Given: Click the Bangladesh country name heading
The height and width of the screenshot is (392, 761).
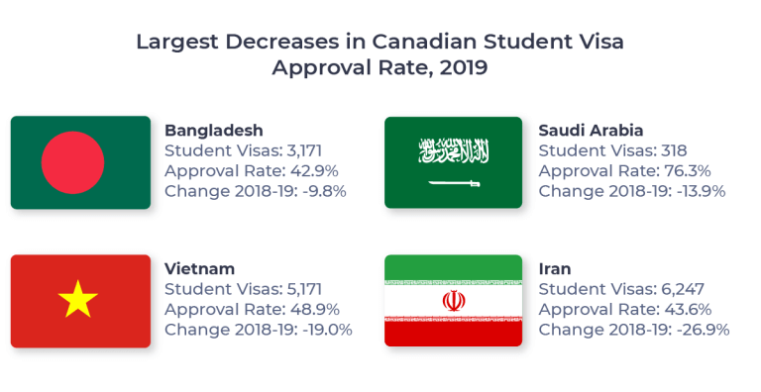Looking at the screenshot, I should coord(214,131).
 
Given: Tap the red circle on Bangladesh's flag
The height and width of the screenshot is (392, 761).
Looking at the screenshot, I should coord(73,163).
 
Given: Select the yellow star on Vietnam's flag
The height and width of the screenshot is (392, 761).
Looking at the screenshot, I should coord(78,299).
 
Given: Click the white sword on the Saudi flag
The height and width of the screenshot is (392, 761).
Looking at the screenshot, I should coord(454,183).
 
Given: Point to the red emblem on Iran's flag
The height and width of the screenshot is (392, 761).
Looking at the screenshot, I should coord(453,300).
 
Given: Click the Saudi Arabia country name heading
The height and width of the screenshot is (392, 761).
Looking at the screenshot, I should coord(591,131).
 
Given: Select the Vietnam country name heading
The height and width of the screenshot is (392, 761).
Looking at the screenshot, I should coord(199,269).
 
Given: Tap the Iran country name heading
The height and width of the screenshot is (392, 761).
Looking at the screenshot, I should coord(555,269).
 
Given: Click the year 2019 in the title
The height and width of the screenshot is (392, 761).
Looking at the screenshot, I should coord(460,68).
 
